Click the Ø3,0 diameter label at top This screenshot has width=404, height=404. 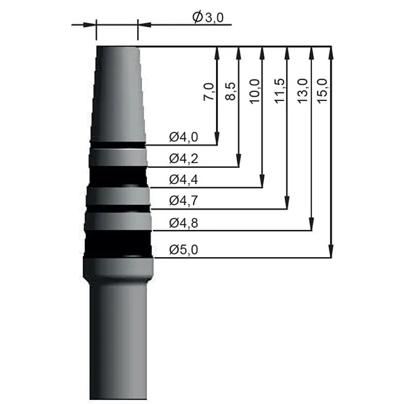208,18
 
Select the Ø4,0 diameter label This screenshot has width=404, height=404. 184,137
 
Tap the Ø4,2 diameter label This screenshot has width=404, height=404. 184,158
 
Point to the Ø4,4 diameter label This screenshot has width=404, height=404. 184,180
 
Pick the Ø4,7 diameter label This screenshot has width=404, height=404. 184,201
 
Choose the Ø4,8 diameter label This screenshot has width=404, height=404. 184,224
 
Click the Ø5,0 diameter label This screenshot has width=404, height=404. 184,249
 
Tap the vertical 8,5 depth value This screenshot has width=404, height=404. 231,91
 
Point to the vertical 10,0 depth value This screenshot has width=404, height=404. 254,91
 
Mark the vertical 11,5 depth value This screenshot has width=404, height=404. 279,91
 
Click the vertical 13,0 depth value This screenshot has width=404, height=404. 302,91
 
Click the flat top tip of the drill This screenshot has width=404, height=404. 116,47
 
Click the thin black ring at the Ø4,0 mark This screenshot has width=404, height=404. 117,145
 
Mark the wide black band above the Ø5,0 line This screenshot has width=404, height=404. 118,242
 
